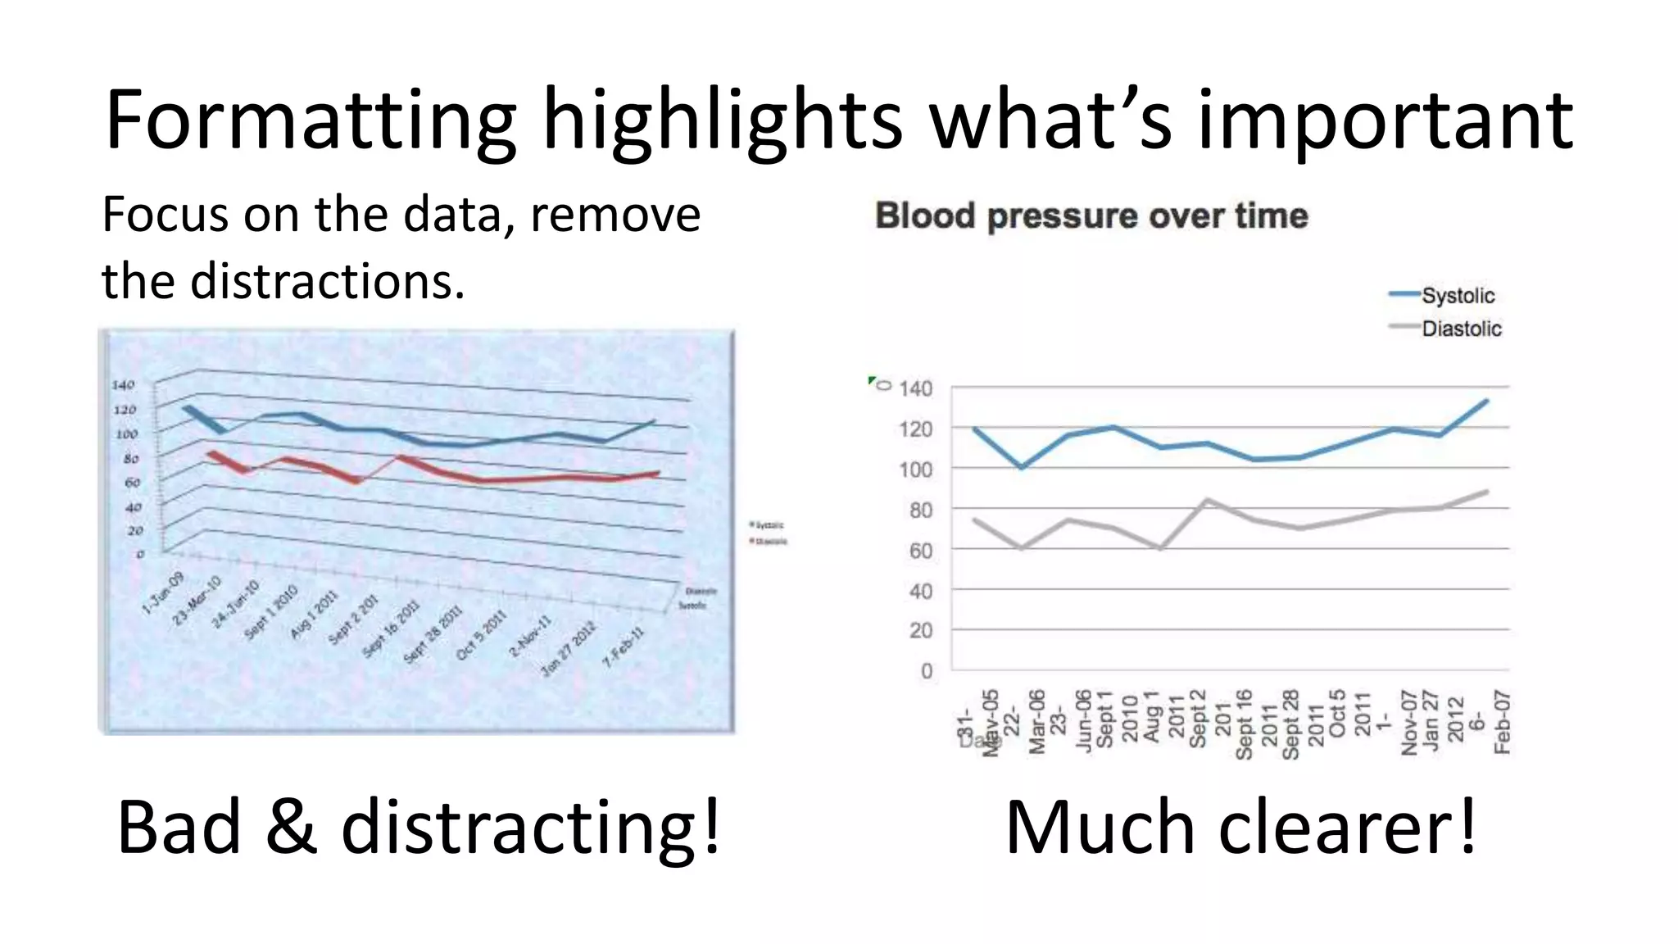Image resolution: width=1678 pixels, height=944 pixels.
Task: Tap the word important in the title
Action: pyautogui.click(x=1385, y=120)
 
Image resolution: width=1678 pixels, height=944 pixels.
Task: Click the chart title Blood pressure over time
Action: pyautogui.click(x=1091, y=216)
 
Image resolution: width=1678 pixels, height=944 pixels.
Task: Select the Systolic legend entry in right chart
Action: pyautogui.click(x=1457, y=295)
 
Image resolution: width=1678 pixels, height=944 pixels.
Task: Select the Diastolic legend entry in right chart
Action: pyautogui.click(x=1461, y=329)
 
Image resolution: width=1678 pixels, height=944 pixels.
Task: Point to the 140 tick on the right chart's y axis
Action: pyautogui.click(x=915, y=388)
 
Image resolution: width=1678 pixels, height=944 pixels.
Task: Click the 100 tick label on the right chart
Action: pyautogui.click(x=915, y=470)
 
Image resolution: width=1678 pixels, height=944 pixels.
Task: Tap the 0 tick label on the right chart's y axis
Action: pyautogui.click(x=926, y=671)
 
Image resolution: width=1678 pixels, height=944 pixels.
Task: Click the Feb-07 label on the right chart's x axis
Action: pyautogui.click(x=1502, y=722)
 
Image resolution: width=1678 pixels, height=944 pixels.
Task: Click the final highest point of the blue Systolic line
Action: pyautogui.click(x=1486, y=401)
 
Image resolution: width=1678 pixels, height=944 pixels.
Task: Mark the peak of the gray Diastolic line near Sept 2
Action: pyautogui.click(x=1207, y=499)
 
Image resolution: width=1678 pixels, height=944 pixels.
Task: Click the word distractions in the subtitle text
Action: pyautogui.click(x=326, y=281)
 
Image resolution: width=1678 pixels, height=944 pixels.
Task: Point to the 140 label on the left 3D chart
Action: pyautogui.click(x=123, y=384)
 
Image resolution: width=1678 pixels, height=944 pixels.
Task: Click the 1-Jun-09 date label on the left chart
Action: pyautogui.click(x=162, y=593)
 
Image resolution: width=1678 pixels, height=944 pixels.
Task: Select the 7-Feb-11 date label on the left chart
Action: pyautogui.click(x=624, y=647)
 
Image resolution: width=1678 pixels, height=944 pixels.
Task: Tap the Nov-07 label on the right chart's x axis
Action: pyautogui.click(x=1408, y=722)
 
